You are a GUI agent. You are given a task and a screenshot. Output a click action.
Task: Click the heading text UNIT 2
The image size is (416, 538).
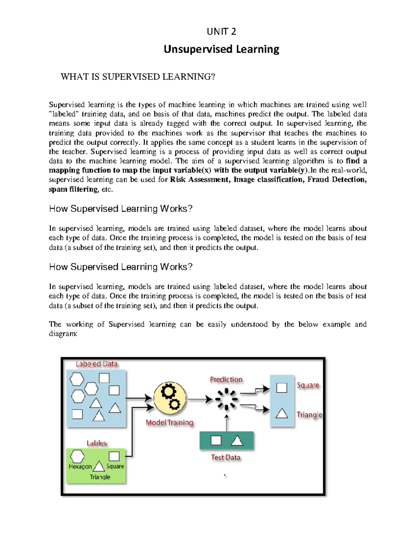click(221, 32)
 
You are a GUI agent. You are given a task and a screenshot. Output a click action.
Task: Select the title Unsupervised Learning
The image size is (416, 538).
click(221, 49)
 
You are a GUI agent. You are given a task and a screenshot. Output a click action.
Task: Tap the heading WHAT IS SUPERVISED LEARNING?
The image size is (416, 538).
click(138, 77)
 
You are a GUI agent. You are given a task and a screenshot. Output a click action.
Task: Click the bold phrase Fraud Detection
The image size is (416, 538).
click(337, 179)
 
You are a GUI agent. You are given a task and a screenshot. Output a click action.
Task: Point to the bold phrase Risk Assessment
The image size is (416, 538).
click(199, 179)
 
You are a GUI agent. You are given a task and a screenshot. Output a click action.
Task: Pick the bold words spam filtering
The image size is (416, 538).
click(73, 189)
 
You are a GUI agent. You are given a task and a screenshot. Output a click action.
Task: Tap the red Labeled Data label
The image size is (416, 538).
click(96, 364)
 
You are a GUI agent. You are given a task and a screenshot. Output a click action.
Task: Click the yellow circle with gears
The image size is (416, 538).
click(170, 398)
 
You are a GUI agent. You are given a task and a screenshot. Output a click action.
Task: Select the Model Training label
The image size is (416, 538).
click(169, 422)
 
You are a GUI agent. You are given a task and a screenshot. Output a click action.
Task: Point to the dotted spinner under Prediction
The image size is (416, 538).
click(226, 399)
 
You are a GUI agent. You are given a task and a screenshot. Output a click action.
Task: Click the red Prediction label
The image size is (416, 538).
click(226, 379)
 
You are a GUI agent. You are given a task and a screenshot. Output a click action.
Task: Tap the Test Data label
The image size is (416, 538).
click(225, 457)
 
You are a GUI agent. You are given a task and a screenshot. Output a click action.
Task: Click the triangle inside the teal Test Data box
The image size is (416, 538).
click(237, 441)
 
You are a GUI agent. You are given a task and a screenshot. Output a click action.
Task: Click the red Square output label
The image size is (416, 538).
click(308, 385)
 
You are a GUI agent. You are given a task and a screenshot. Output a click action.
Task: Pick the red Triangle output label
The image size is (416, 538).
click(309, 415)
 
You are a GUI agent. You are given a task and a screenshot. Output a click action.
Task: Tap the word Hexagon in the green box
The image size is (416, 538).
click(80, 466)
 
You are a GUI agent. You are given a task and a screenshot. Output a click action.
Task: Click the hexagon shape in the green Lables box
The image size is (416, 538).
click(77, 456)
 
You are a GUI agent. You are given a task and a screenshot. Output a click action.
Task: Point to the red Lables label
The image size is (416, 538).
click(96, 443)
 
